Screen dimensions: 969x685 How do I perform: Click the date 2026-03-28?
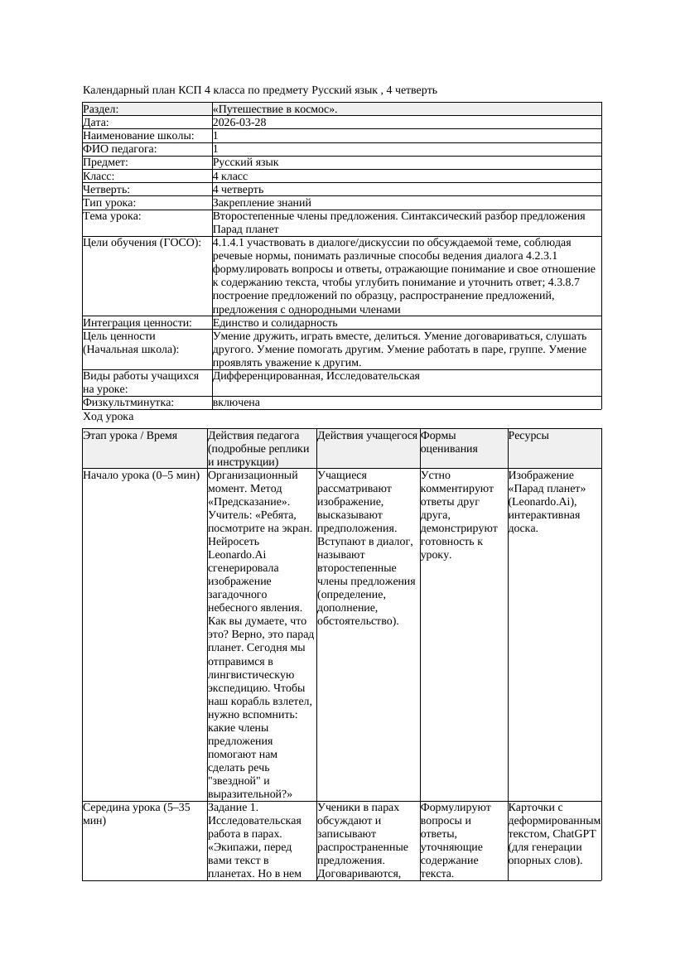click(x=239, y=122)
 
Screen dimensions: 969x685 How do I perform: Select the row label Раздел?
click(x=101, y=108)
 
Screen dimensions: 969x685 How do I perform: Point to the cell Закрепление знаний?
click(x=262, y=202)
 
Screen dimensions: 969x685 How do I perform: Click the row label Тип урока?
click(x=109, y=202)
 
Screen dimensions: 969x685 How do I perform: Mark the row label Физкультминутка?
click(x=128, y=403)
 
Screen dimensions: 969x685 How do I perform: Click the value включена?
click(x=236, y=403)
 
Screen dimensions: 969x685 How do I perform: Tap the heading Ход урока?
click(x=108, y=417)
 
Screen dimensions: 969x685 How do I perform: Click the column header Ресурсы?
click(x=528, y=436)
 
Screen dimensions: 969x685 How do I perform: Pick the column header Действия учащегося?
click(x=367, y=436)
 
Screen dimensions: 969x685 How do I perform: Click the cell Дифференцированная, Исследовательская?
click(x=316, y=376)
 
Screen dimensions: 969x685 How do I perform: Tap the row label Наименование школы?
click(x=139, y=135)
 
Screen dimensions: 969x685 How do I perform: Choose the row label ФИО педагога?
click(x=120, y=148)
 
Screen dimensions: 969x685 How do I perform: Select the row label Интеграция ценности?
click(x=137, y=322)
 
